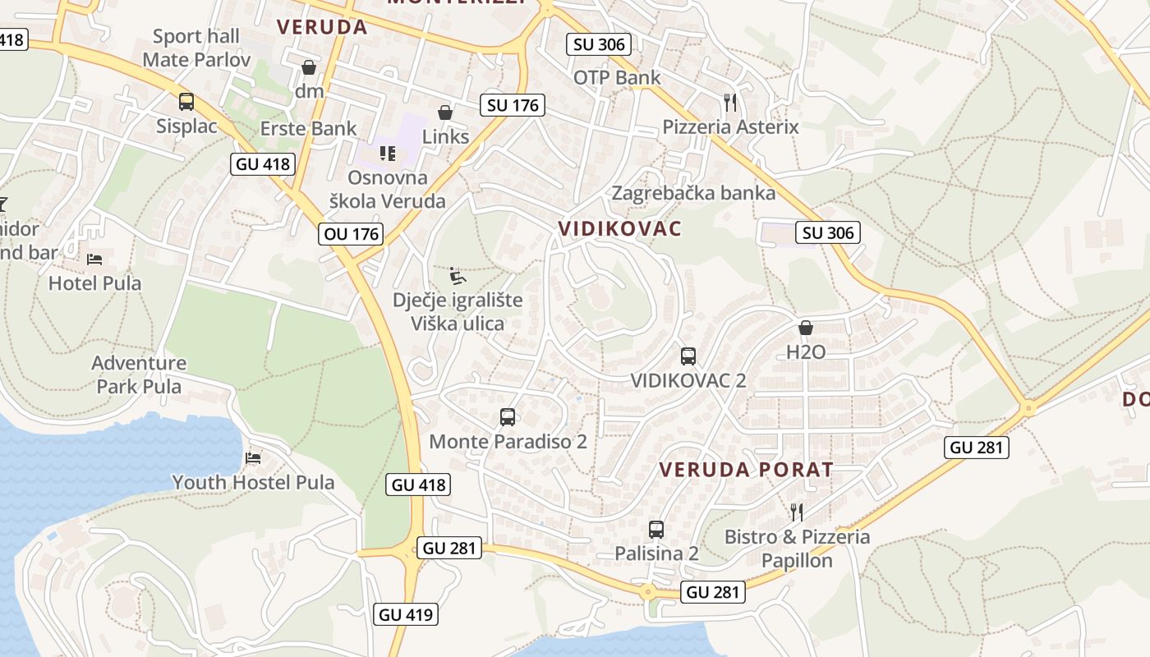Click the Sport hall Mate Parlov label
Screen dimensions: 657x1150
coord(196,48)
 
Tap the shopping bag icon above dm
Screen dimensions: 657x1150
coord(309,67)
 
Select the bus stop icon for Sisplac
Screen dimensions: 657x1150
coord(186,102)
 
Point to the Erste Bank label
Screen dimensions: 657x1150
coord(309,128)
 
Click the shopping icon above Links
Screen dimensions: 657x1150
coord(445,113)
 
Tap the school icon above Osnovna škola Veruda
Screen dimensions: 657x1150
coord(388,153)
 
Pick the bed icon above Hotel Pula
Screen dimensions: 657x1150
coord(94,260)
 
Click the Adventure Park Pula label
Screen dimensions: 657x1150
coord(139,374)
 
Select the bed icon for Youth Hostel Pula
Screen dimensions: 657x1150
coord(253,458)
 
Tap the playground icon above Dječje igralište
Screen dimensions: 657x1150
coord(458,275)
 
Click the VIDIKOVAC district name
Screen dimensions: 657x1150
coord(620,229)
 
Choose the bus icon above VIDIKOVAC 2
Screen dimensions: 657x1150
coord(688,356)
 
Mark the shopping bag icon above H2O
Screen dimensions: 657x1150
coord(806,328)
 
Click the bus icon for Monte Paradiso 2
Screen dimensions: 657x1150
coord(508,417)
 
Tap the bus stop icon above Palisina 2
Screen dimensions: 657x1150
coord(656,530)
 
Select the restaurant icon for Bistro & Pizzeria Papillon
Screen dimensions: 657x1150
coord(796,512)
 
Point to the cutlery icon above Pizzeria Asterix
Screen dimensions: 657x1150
coord(730,103)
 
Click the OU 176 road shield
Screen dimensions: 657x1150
coord(352,234)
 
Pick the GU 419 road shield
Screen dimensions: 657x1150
coord(406,613)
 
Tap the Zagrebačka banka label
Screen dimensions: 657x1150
coord(693,193)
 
